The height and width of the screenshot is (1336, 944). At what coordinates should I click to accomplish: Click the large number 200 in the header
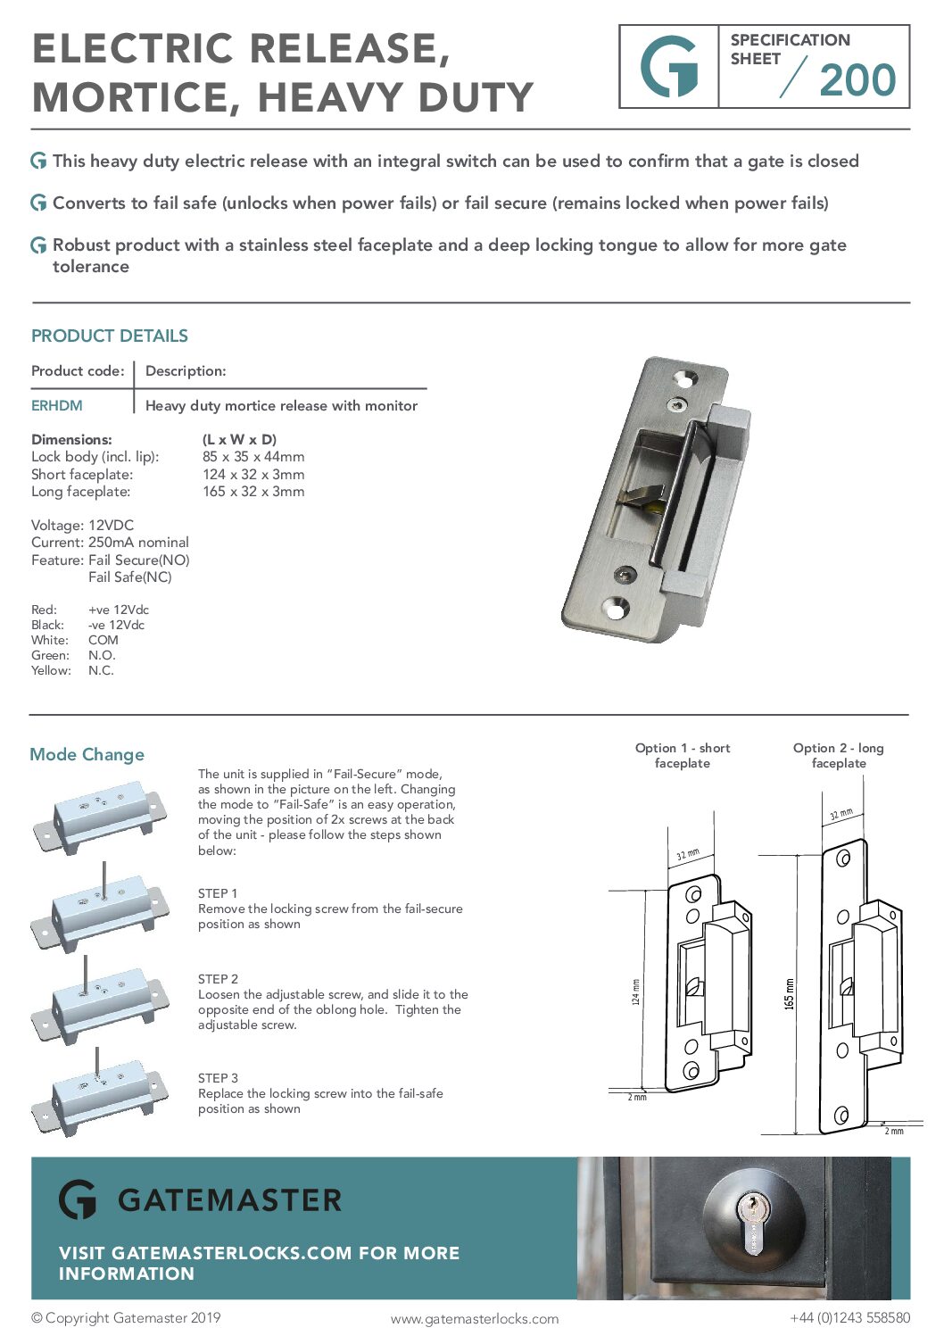pyautogui.click(x=857, y=80)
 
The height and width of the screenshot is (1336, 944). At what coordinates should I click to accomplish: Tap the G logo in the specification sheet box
pyautogui.click(x=669, y=67)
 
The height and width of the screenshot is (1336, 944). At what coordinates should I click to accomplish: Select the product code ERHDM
pyautogui.click(x=57, y=405)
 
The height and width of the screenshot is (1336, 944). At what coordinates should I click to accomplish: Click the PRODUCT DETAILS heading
pyautogui.click(x=110, y=336)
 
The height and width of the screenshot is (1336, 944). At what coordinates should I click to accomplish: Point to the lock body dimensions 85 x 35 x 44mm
pyautogui.click(x=253, y=457)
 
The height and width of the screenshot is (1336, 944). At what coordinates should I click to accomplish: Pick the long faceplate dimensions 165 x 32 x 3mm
pyautogui.click(x=253, y=492)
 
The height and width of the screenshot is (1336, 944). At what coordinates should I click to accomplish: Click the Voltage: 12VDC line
pyautogui.click(x=82, y=526)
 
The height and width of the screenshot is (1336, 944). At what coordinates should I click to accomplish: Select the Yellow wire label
pyautogui.click(x=51, y=671)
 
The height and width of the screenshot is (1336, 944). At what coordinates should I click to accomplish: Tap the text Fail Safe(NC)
pyautogui.click(x=130, y=577)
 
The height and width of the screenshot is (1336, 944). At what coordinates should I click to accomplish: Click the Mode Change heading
pyautogui.click(x=87, y=755)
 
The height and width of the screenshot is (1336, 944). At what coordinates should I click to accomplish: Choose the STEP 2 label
pyautogui.click(x=218, y=979)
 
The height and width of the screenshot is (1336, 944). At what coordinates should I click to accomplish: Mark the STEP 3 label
pyautogui.click(x=218, y=1078)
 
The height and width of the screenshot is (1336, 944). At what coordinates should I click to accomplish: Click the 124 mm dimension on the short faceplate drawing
pyautogui.click(x=635, y=992)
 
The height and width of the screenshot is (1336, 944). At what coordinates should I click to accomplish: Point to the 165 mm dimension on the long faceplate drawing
pyautogui.click(x=789, y=993)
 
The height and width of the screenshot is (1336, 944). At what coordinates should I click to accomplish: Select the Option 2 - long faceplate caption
pyautogui.click(x=839, y=755)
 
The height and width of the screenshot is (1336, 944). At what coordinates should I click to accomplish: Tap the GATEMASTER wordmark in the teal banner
pyautogui.click(x=229, y=1200)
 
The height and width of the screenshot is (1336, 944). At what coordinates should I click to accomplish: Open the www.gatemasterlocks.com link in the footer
pyautogui.click(x=475, y=1319)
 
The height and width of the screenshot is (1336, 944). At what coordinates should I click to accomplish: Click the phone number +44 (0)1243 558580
pyautogui.click(x=849, y=1318)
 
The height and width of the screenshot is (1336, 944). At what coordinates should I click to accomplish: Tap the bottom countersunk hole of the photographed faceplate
pyautogui.click(x=615, y=609)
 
